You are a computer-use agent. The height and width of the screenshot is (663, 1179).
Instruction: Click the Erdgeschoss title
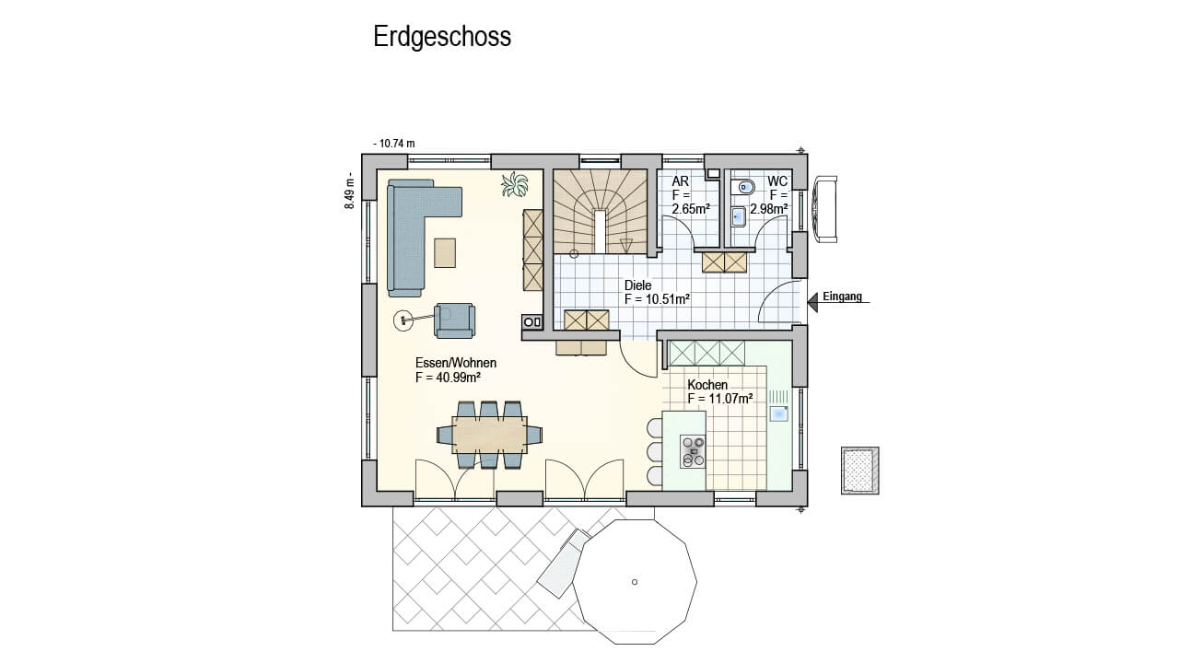pyautogui.click(x=442, y=37)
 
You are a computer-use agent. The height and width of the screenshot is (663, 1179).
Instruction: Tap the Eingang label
pyautogui.click(x=842, y=297)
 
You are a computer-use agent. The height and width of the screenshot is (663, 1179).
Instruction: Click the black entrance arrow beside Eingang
pyautogui.click(x=812, y=302)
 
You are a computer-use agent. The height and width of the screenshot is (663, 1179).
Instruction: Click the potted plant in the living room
pyautogui.click(x=515, y=185)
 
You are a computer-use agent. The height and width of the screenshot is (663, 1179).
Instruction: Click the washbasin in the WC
pyautogui.click(x=739, y=216)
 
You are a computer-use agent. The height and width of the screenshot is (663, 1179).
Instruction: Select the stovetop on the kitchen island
pyautogui.click(x=693, y=451)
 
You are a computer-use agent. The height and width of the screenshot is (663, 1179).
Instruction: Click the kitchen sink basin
pyautogui.click(x=779, y=413)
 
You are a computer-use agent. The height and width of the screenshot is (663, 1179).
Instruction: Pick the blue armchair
pyautogui.click(x=454, y=320)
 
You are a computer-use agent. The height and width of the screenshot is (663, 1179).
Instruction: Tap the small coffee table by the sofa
pyautogui.click(x=445, y=252)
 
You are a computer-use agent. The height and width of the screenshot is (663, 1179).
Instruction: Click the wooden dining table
pyautogui.click(x=489, y=435)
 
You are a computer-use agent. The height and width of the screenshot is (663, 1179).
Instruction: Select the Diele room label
pyautogui.click(x=638, y=285)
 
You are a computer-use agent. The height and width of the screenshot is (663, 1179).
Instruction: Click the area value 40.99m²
pyautogui.click(x=458, y=378)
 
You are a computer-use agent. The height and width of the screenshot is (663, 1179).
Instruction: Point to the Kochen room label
pyautogui.click(x=707, y=385)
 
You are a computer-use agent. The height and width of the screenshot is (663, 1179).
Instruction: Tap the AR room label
pyautogui.click(x=680, y=181)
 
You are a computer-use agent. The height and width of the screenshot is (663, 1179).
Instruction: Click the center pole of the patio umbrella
pyautogui.click(x=635, y=582)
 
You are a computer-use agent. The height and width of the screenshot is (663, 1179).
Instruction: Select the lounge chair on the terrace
pyautogui.click(x=563, y=563)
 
